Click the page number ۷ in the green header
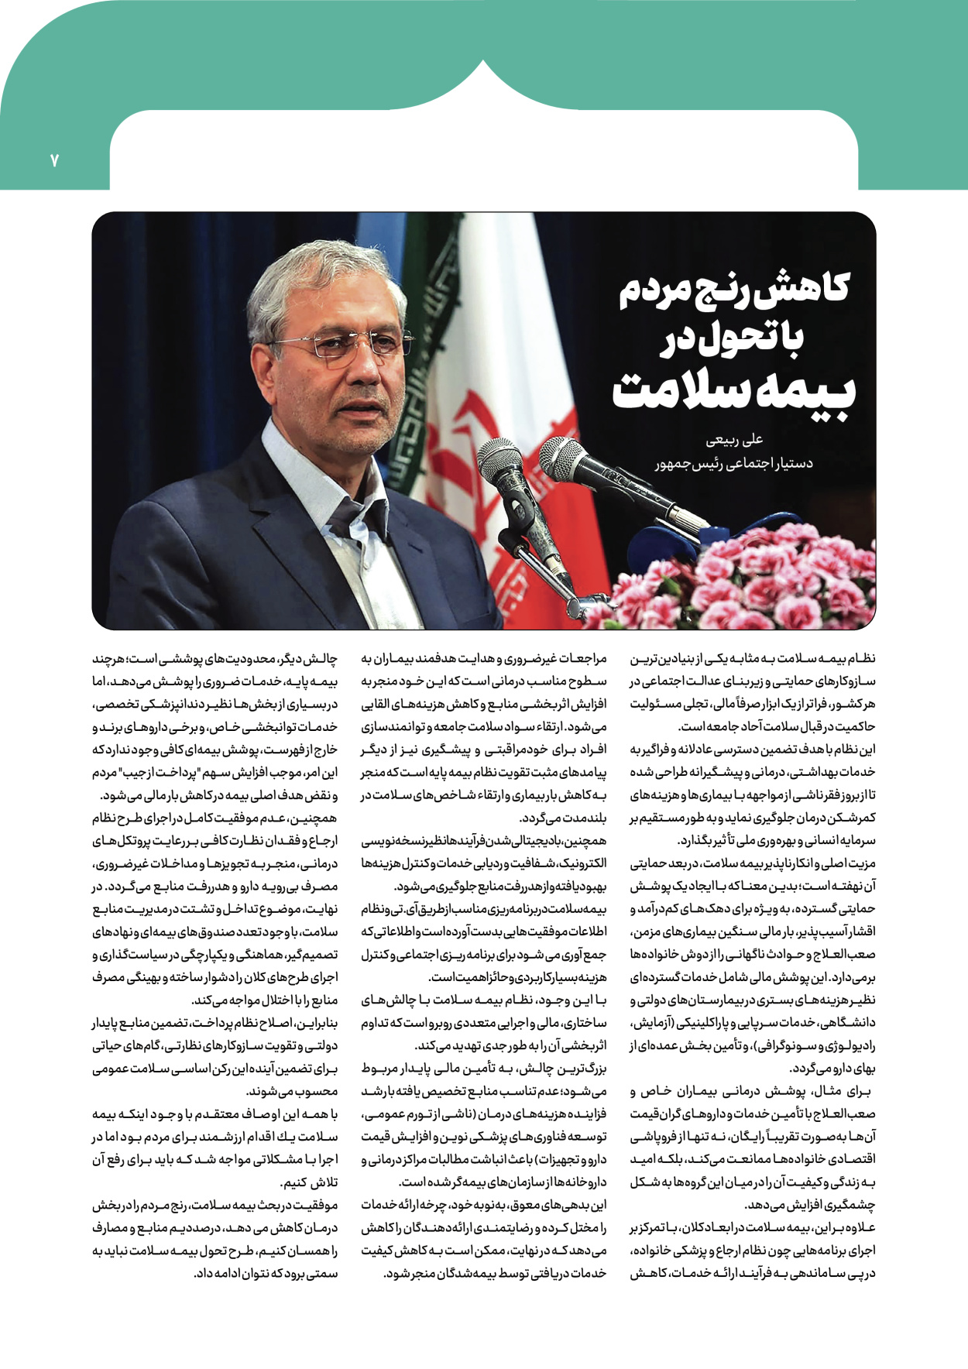[55, 161]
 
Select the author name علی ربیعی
[735, 440]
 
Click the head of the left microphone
[500, 464]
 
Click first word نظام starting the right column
[860, 659]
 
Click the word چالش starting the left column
[321, 659]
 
